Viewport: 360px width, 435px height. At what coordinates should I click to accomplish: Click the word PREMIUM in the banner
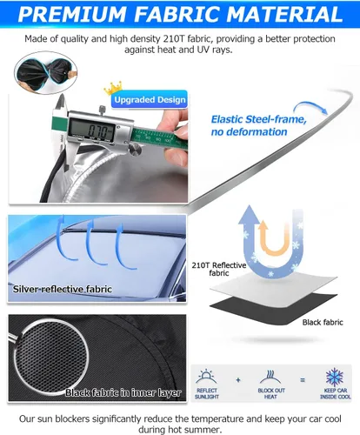pyautogui.click(x=72, y=14)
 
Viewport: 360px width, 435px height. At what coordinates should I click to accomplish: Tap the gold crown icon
pyautogui.click(x=113, y=88)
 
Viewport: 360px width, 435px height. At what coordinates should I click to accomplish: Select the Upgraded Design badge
pyautogui.click(x=150, y=99)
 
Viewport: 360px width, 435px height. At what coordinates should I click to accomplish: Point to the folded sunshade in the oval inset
pyautogui.click(x=45, y=72)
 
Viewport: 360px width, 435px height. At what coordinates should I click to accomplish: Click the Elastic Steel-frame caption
pyautogui.click(x=258, y=125)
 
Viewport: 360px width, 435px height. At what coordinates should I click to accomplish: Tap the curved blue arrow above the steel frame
pyautogui.click(x=310, y=107)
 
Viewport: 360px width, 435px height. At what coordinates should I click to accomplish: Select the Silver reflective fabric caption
pyautogui.click(x=63, y=289)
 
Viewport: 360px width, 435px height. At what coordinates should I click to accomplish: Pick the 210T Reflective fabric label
pyautogui.click(x=219, y=269)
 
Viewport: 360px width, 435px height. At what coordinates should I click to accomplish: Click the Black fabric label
pyautogui.click(x=323, y=322)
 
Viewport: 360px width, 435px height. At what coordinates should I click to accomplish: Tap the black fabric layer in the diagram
pyautogui.click(x=272, y=307)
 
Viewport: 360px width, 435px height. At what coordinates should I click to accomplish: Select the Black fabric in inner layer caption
pyautogui.click(x=123, y=392)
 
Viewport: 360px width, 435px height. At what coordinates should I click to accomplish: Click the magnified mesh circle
pyautogui.click(x=51, y=355)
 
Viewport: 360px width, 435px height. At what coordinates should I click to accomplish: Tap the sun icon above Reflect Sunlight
pyautogui.click(x=206, y=377)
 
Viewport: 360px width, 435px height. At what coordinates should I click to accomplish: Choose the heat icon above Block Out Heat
pyautogui.click(x=270, y=377)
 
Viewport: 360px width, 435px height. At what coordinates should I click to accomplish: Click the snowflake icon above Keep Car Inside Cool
pyautogui.click(x=335, y=378)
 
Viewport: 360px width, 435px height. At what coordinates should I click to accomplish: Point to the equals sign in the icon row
pyautogui.click(x=303, y=380)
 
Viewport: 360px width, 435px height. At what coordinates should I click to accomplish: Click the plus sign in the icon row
pyautogui.click(x=238, y=380)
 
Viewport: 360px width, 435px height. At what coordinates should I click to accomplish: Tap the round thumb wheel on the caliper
pyautogui.click(x=136, y=150)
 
